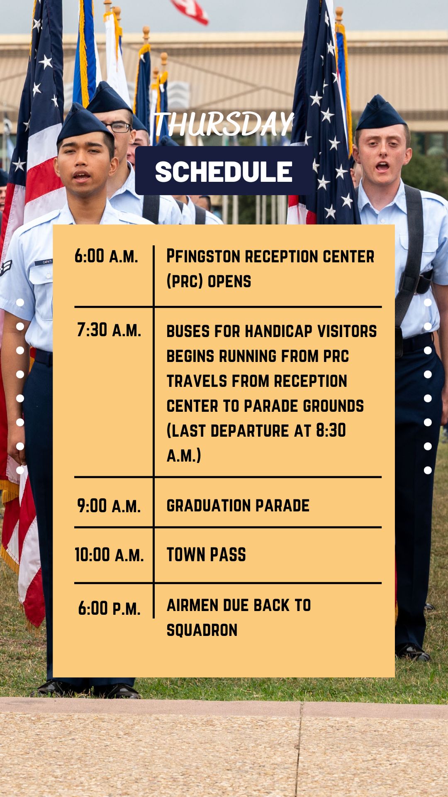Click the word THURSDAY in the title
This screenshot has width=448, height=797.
(x=224, y=124)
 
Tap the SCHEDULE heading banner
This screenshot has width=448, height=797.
(x=224, y=171)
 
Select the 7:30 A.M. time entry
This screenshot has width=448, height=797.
(x=109, y=330)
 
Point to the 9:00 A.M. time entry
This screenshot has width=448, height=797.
(x=109, y=506)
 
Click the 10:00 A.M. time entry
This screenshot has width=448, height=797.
(x=109, y=555)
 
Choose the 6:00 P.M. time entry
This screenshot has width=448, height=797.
(x=110, y=609)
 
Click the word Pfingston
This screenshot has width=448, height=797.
(x=203, y=256)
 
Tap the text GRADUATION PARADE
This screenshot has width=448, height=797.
(x=238, y=506)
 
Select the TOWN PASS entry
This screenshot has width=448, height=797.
(x=206, y=555)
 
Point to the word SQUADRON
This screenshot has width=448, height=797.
(x=202, y=630)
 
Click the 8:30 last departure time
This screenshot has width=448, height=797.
(x=331, y=430)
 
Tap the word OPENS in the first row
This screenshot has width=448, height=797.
(x=229, y=281)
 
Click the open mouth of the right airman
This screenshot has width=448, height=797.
(x=382, y=166)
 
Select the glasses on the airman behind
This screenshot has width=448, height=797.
(x=118, y=127)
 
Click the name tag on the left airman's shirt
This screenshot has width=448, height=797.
(x=44, y=262)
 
